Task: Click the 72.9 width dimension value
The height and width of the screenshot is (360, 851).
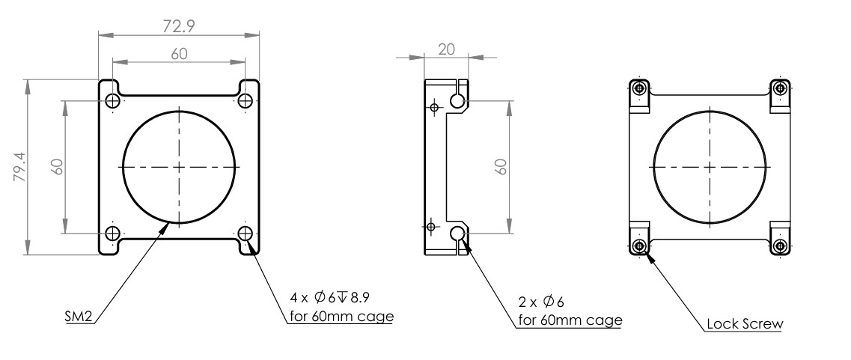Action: tap(179, 25)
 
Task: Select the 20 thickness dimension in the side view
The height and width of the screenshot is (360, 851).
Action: tap(446, 49)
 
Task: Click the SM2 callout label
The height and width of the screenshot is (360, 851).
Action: tap(79, 317)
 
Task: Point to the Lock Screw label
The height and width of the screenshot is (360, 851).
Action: tap(745, 324)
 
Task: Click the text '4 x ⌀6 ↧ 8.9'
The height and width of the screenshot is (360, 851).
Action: tap(330, 298)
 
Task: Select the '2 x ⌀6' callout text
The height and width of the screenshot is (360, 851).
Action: tap(541, 302)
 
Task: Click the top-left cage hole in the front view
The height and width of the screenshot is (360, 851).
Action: tap(113, 100)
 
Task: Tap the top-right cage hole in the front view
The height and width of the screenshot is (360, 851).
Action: tap(245, 100)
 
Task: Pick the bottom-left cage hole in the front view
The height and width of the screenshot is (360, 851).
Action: tap(113, 234)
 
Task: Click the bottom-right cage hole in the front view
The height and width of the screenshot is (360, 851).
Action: tap(245, 234)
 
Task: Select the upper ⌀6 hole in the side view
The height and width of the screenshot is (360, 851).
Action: tap(457, 100)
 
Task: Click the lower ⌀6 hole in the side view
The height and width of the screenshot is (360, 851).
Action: tap(457, 234)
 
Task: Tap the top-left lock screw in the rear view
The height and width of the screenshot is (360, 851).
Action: tap(641, 88)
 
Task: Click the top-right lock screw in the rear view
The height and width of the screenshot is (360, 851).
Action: tap(781, 88)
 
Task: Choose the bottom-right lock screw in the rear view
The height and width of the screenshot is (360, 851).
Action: tap(781, 246)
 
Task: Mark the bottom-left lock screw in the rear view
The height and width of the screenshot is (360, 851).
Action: tap(641, 246)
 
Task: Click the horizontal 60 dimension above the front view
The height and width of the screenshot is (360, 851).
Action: tap(179, 54)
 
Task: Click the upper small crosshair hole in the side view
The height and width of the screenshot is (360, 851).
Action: tap(433, 107)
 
